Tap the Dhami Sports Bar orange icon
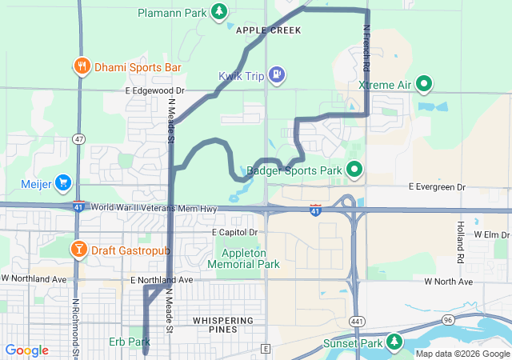click(82, 67)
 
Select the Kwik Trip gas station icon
click(276, 75)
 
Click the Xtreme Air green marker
click(425, 83)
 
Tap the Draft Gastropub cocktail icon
click(79, 250)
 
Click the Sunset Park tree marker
click(394, 342)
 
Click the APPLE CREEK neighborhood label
click(268, 30)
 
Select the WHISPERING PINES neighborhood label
click(224, 321)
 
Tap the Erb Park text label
click(129, 342)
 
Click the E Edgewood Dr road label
click(154, 92)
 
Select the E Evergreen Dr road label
click(437, 187)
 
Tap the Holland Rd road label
click(461, 242)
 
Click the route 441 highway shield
click(355, 320)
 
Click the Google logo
click(26, 350)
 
